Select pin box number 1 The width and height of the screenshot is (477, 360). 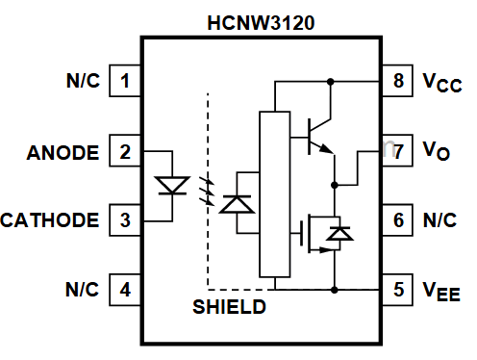124,81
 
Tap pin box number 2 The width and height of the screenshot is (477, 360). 124,152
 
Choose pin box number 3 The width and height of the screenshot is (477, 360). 124,220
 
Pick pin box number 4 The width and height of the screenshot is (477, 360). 124,289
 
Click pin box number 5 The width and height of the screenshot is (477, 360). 398,289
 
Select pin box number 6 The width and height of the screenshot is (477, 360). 398,220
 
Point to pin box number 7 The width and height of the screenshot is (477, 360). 398,151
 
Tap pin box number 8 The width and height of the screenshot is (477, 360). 398,81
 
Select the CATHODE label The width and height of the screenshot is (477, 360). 50,220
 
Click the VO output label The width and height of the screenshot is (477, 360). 438,152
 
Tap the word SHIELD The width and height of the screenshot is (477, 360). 229,308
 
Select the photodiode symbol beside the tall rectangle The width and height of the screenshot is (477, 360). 236,204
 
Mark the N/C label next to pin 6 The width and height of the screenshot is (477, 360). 439,220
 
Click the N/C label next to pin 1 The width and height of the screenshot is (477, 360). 82,81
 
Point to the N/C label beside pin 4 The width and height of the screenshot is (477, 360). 82,289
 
